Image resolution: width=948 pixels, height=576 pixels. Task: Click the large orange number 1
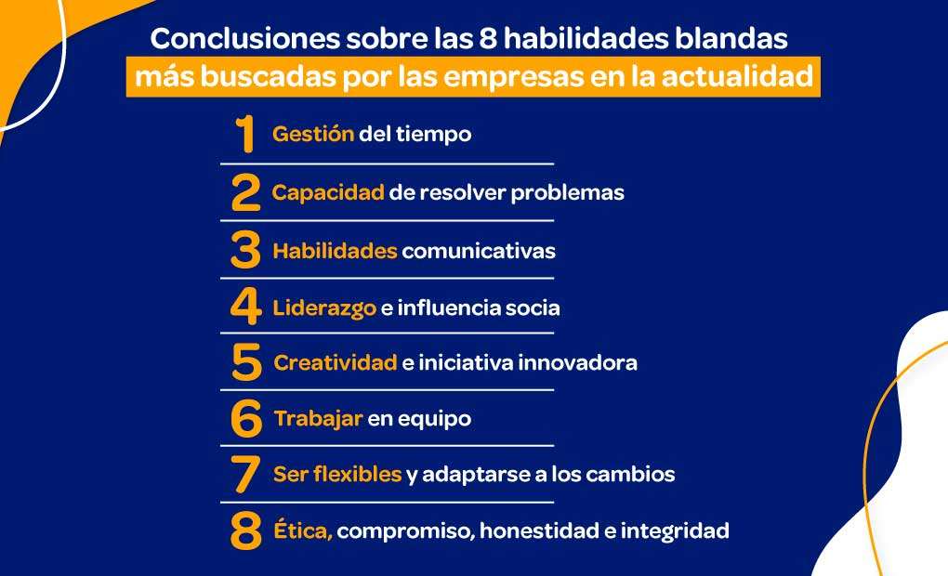pos(245,135)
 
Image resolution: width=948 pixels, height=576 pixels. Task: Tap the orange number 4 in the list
pos(245,308)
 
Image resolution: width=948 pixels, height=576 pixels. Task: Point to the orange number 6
pos(246,419)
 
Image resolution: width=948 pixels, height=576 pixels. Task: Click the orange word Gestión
pos(313,134)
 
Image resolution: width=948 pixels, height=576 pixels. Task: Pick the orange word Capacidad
pos(328,192)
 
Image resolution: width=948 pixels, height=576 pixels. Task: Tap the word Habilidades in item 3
pos(335,251)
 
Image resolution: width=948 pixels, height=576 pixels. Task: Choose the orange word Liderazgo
pos(325,308)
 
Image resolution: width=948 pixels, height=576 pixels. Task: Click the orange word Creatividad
pos(336,362)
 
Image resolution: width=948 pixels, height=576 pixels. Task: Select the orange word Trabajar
pos(318,419)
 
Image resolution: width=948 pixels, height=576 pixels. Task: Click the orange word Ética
pos(303,531)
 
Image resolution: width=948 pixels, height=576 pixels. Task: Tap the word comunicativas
pos(479,251)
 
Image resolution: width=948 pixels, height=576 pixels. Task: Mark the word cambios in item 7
pos(628,475)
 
